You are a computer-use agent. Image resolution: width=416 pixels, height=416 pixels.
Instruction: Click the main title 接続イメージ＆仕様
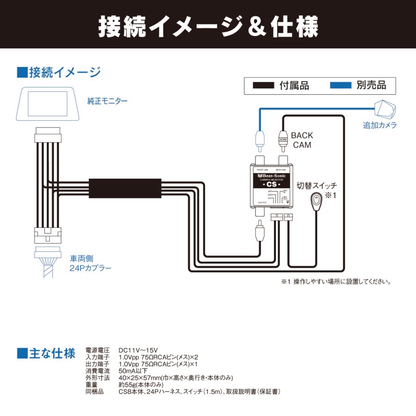click(208, 26)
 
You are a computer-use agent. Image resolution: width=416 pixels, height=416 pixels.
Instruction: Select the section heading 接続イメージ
click(59, 73)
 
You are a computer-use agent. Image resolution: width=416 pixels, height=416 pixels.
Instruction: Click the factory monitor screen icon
click(47, 104)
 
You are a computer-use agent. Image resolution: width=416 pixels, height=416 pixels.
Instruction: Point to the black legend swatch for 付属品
click(263, 86)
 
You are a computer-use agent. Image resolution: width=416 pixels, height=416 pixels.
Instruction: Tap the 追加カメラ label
click(379, 125)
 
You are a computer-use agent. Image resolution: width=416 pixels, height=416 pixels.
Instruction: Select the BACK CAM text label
click(302, 140)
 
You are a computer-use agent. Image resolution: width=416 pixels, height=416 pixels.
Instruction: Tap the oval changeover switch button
click(315, 202)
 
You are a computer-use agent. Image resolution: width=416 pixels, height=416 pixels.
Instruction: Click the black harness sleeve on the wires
click(125, 189)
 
